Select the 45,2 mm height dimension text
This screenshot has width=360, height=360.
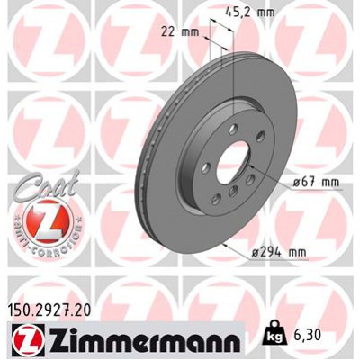(247, 13)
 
